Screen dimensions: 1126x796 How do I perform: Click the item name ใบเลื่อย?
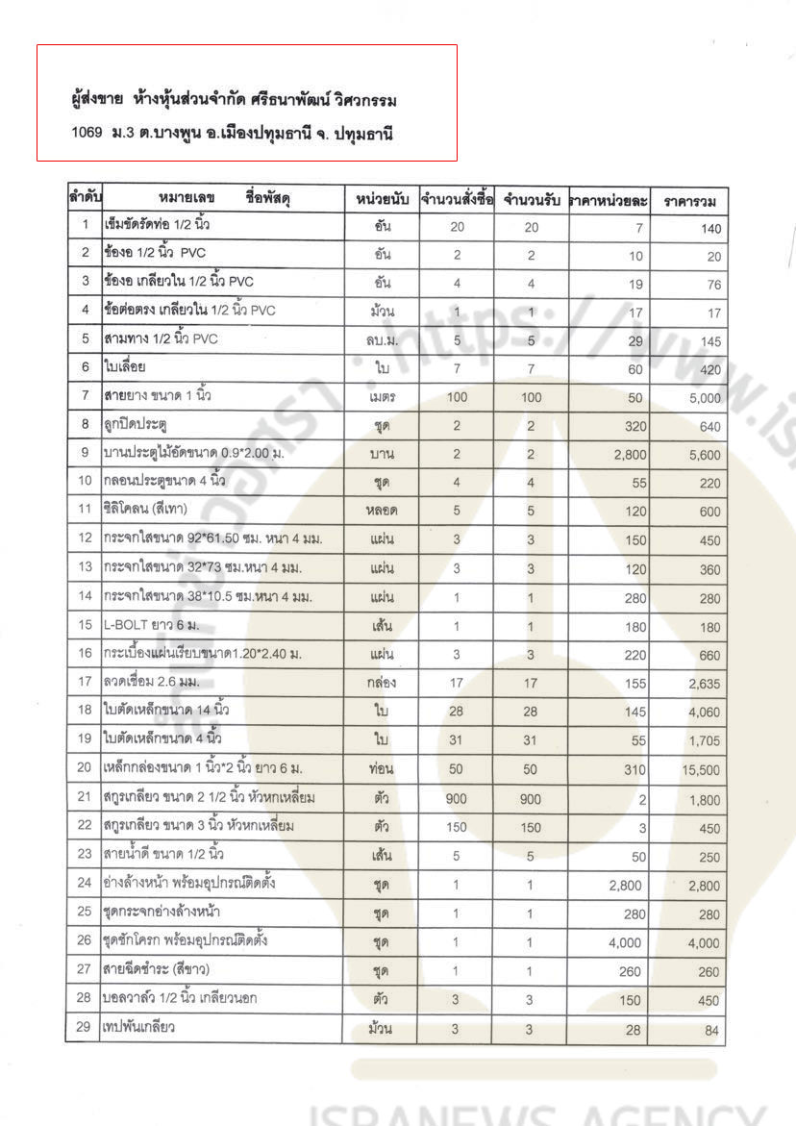125,366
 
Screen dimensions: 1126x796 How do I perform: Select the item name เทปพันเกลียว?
138,1028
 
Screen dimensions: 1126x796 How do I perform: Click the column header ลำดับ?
85,199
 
